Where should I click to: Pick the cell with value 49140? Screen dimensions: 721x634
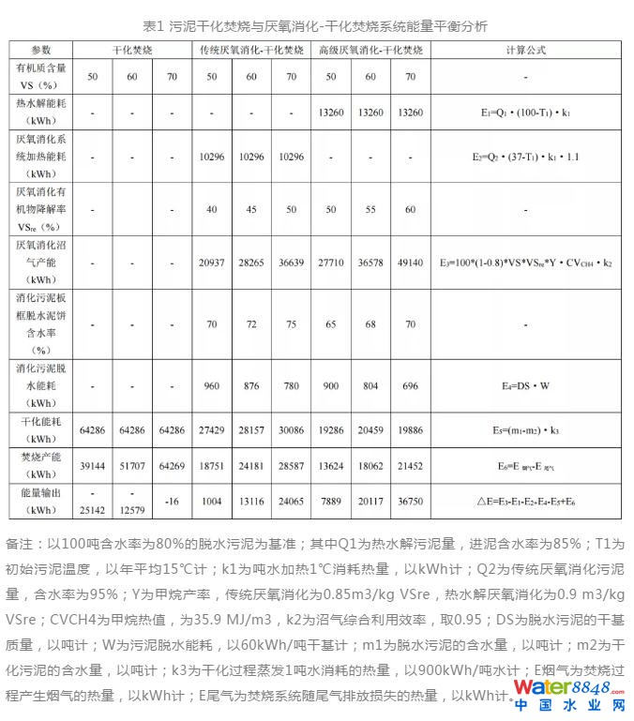pos(410,263)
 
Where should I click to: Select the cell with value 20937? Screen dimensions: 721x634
pos(211,263)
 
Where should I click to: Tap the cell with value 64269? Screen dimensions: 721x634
pos(172,464)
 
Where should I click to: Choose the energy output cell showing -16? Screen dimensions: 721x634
pos(172,502)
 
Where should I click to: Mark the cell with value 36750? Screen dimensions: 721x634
pos(410,502)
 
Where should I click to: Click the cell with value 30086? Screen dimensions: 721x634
pos(292,430)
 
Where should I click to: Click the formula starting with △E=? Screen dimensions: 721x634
pos(526,502)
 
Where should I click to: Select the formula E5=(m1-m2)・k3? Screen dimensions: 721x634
pos(526,430)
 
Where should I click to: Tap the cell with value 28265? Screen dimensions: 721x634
pos(251,263)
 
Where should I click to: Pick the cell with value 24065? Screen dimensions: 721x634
pos(292,502)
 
